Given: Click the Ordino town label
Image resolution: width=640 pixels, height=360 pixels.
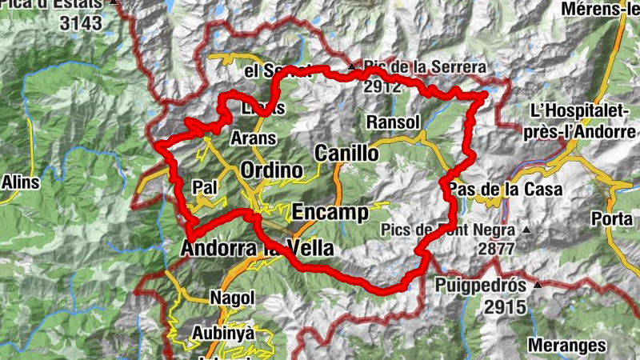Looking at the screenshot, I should pyautogui.click(x=272, y=171).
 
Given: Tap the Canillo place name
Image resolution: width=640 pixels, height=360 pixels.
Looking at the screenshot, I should pyautogui.click(x=346, y=153).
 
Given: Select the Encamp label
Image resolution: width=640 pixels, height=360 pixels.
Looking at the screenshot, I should pyautogui.click(x=330, y=212).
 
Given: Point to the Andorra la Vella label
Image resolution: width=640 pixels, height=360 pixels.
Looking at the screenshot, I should pyautogui.click(x=257, y=249).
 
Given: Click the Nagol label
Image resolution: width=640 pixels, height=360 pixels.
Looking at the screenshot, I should pyautogui.click(x=232, y=298).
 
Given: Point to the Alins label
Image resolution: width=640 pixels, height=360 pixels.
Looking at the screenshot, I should pyautogui.click(x=20, y=182).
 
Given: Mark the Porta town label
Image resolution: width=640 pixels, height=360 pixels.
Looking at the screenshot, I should pyautogui.click(x=611, y=218).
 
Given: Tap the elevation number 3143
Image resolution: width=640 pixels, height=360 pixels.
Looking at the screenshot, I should pyautogui.click(x=81, y=23).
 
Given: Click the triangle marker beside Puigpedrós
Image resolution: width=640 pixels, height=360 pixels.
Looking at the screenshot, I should pyautogui.click(x=538, y=285).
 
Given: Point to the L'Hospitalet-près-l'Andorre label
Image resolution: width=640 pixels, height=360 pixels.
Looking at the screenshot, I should pyautogui.click(x=583, y=119).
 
